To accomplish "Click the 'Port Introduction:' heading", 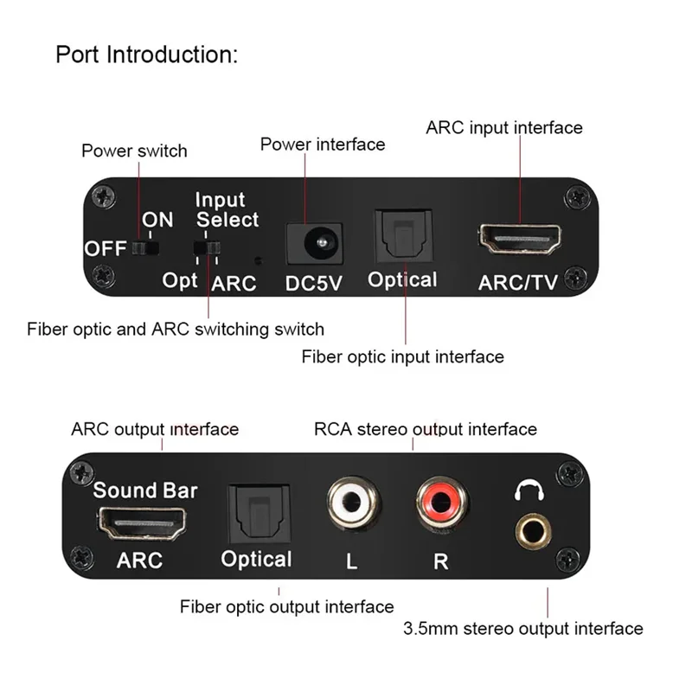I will [146, 54].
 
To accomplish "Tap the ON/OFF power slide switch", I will [148, 249].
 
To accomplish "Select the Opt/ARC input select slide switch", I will [208, 251].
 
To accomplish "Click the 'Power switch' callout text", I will [134, 151].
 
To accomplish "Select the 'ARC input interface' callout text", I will [504, 128].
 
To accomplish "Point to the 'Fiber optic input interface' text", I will [402, 356].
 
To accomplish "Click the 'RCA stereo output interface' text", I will [425, 429].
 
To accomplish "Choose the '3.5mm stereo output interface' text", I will [523, 629].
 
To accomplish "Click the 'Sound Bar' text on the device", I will [145, 490].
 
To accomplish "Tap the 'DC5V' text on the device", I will [315, 283].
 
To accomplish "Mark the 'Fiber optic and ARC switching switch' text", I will [176, 329].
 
